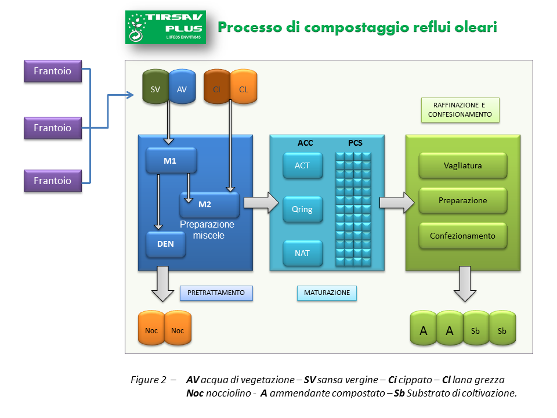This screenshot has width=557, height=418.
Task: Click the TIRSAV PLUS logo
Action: click(x=165, y=27)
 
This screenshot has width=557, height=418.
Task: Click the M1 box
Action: click(x=171, y=160)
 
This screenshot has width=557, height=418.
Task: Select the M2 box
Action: click(x=209, y=204)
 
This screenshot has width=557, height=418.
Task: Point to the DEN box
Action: click(x=166, y=244)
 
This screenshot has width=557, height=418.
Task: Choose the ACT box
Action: click(x=302, y=165)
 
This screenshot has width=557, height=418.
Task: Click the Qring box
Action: click(x=302, y=209)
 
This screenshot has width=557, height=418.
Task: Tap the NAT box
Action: click(x=302, y=253)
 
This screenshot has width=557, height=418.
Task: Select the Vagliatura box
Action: click(x=463, y=165)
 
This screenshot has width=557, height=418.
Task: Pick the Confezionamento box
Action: click(x=463, y=236)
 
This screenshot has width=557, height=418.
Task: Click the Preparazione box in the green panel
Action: click(x=463, y=201)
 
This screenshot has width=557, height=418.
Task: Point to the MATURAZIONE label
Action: click(x=327, y=293)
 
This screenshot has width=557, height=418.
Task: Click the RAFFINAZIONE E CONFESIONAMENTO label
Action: click(x=460, y=110)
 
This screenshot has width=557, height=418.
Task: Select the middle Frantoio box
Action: click(x=52, y=128)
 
